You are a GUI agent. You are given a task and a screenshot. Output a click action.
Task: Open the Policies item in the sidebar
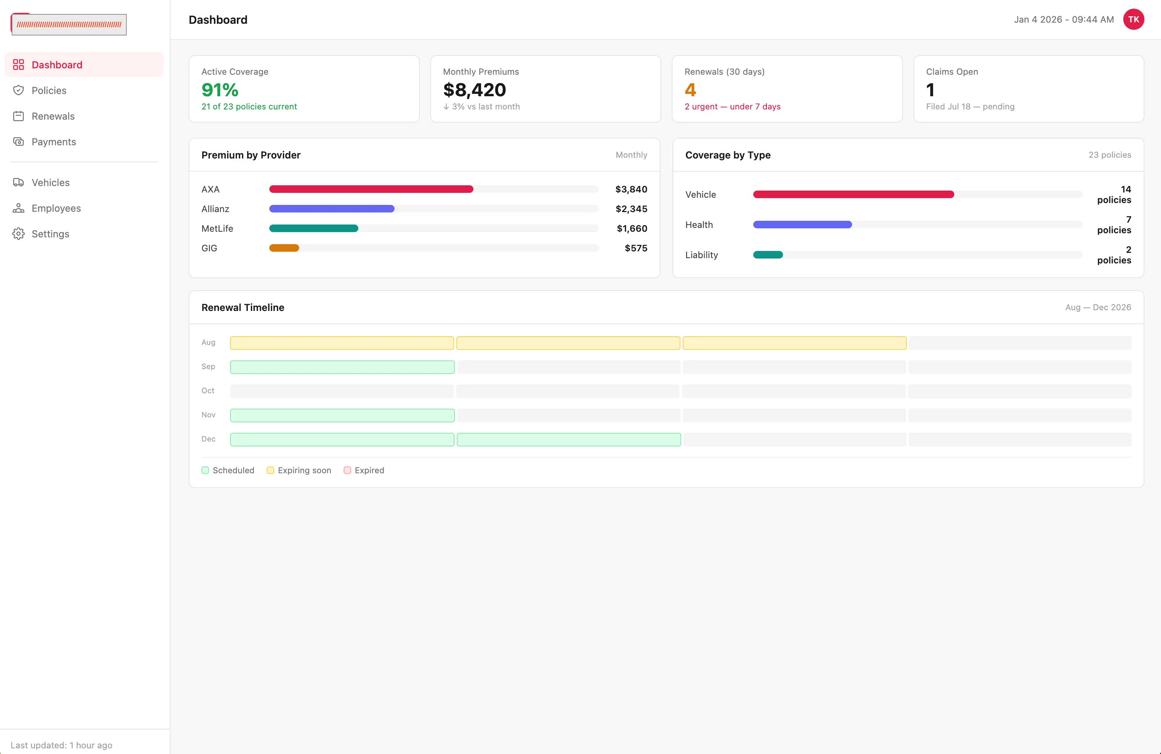coord(49,90)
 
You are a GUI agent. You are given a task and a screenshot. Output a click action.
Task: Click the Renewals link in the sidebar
coord(53,116)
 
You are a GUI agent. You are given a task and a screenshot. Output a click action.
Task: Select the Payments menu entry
coord(54,142)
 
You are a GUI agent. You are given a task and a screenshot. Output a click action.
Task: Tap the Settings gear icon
coord(18,234)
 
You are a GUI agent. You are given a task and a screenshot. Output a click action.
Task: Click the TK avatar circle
coord(1133,20)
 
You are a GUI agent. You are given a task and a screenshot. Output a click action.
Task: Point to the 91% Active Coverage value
coord(220,90)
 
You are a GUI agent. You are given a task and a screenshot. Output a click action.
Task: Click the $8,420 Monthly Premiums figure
coord(474,90)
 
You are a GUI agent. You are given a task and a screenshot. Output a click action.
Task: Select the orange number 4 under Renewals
coord(690,90)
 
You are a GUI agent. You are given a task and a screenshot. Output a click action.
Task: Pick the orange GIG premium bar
coord(284,248)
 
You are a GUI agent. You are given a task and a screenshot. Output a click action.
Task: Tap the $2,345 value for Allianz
coord(631,209)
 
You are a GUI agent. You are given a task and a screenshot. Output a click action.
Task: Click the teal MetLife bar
coord(314,228)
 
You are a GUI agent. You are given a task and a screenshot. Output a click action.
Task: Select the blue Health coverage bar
coord(802,225)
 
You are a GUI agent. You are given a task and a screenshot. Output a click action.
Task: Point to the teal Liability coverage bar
coord(768,255)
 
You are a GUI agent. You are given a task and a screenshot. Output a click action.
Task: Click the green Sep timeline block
coord(342,367)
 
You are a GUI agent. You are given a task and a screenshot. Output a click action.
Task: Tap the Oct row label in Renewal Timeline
coord(208,391)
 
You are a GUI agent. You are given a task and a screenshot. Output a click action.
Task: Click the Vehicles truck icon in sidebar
coord(18,183)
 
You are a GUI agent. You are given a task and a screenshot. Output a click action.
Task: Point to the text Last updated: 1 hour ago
coord(61,745)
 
